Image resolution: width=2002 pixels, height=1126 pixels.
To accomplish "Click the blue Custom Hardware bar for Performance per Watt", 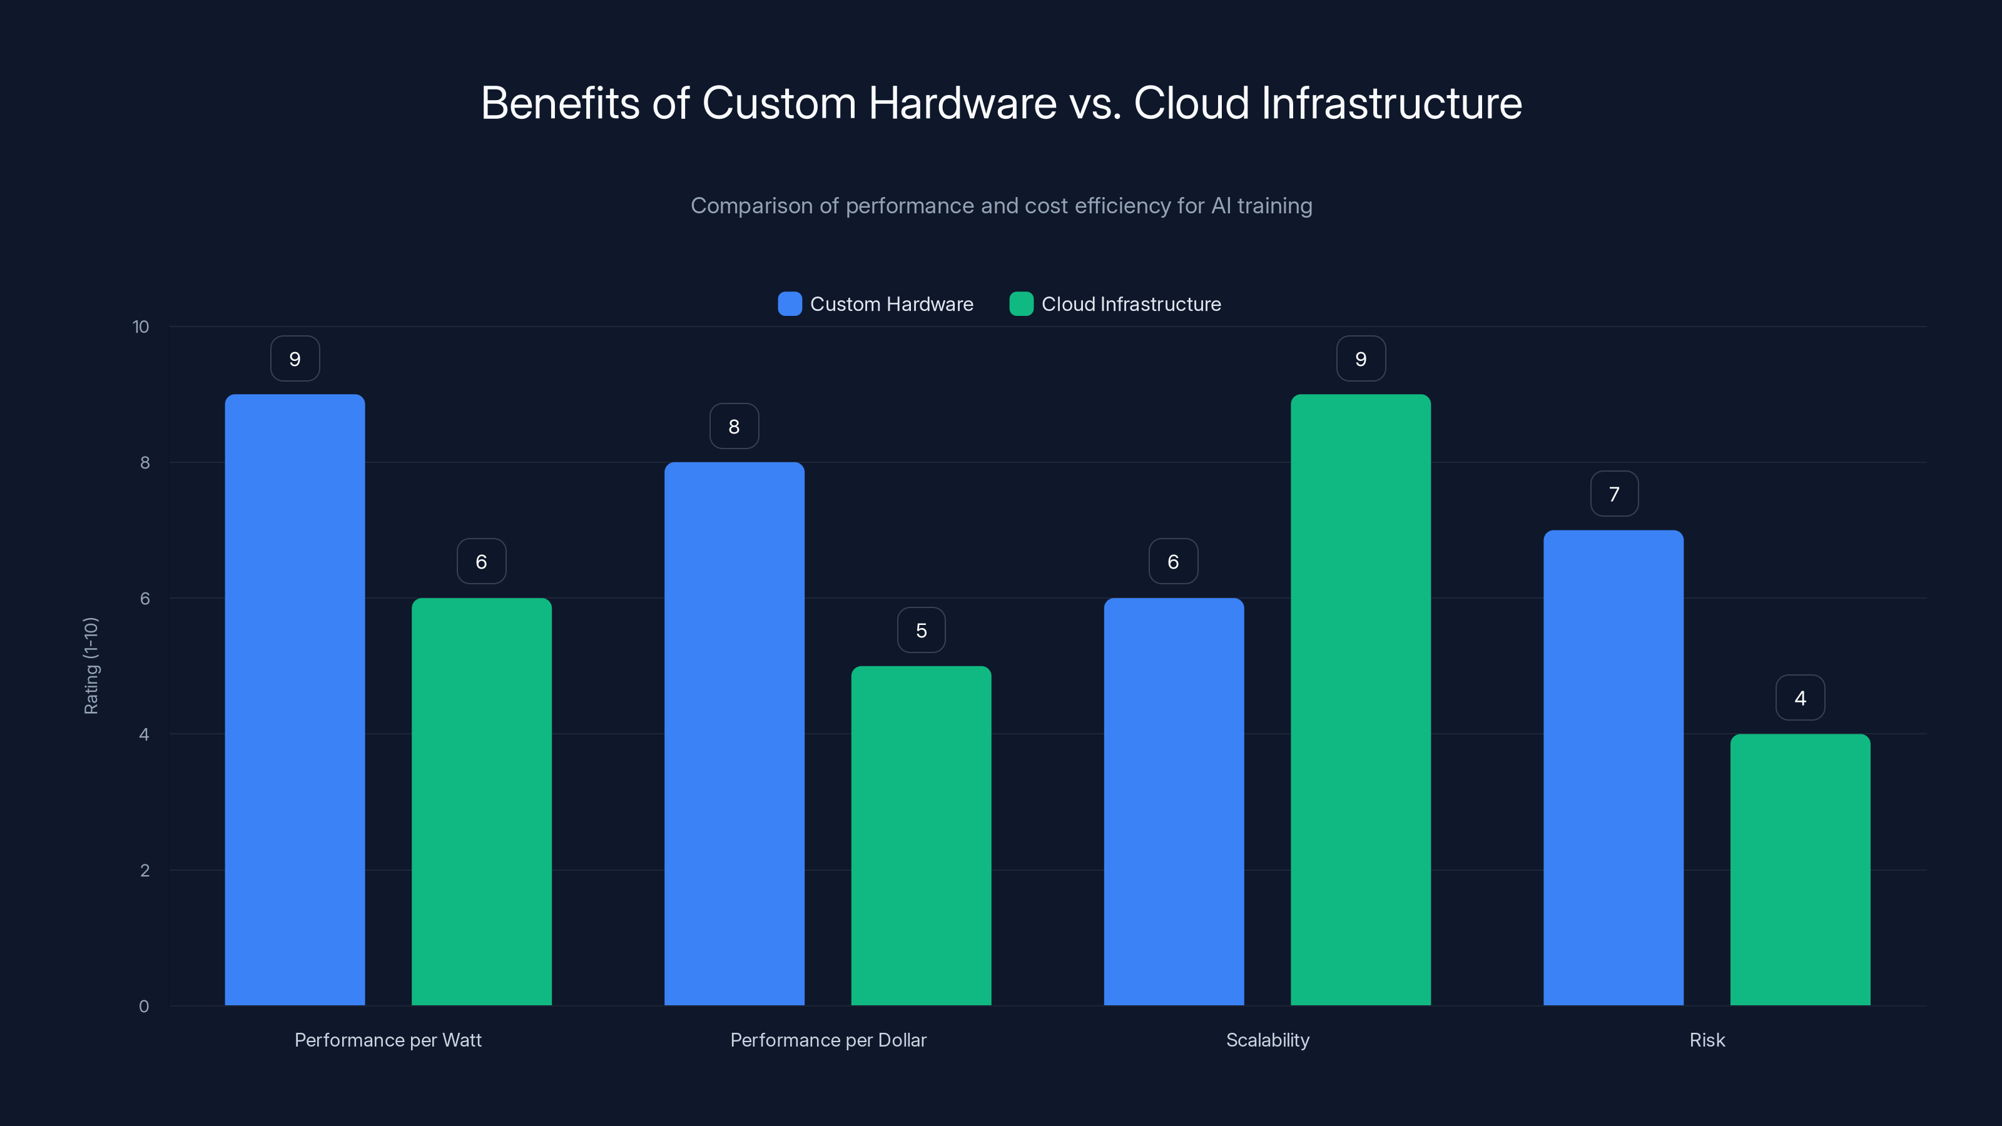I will (295, 699).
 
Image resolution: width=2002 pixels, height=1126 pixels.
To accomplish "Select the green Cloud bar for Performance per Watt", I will (481, 801).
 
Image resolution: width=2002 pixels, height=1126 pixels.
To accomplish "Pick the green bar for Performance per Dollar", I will (921, 835).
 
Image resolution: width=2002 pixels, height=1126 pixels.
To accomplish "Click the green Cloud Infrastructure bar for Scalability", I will (1360, 699).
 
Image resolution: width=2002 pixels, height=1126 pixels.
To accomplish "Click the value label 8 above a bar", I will (734, 426).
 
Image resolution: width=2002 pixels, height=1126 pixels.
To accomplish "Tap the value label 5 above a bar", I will (921, 630).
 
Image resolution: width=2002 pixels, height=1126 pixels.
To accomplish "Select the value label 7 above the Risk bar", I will (1614, 494).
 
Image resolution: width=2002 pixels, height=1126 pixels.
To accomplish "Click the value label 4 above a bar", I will (1800, 698).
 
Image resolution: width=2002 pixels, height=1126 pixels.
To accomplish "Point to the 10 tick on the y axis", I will (141, 327).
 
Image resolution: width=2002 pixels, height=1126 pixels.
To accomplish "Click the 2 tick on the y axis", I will (145, 870).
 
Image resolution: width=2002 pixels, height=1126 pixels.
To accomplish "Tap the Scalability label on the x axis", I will (1268, 1040).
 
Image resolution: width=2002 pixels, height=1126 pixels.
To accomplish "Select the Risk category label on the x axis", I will (1707, 1040).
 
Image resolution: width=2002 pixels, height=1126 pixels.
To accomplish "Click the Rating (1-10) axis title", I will (91, 666).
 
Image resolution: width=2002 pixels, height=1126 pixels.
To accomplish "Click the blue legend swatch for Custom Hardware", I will (790, 304).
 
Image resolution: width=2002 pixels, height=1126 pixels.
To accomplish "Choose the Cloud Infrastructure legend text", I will (1131, 304).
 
